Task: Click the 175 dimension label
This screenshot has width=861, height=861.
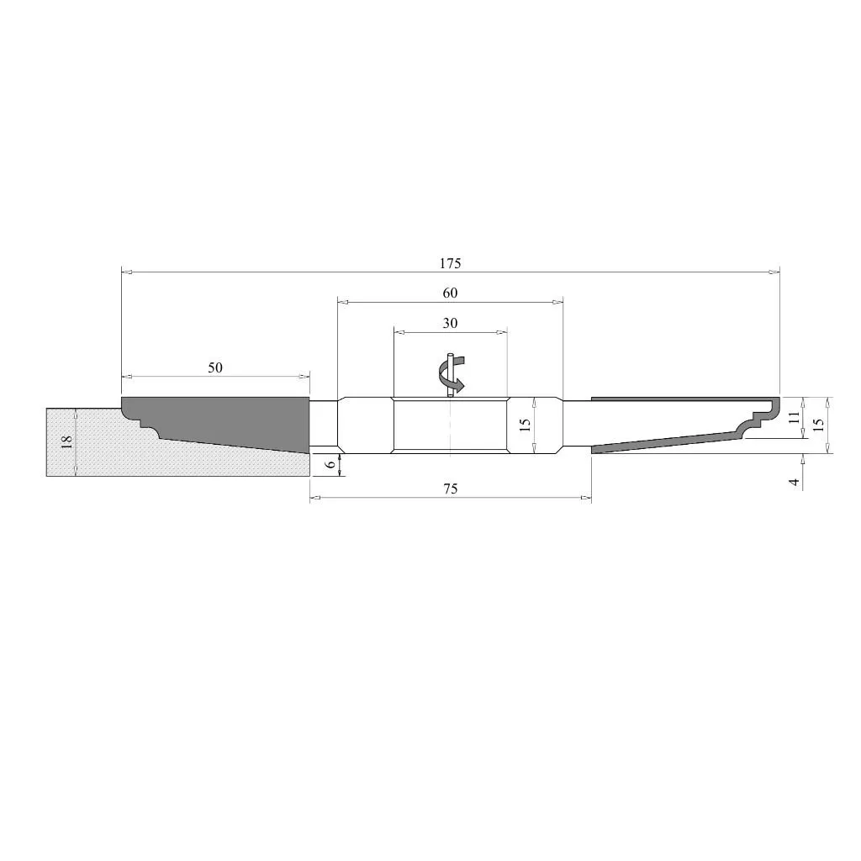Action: coord(450,263)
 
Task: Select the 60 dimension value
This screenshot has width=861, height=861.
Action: coord(450,293)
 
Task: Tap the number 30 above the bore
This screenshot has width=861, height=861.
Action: coord(450,324)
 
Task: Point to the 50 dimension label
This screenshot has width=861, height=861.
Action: coord(215,368)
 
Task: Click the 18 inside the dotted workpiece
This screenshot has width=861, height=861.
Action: coord(67,442)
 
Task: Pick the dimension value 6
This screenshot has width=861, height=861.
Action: coord(330,464)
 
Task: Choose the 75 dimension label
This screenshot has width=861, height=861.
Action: coord(450,489)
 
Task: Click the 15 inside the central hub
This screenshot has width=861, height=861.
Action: coord(525,425)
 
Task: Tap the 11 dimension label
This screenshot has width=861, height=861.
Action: coord(794,417)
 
